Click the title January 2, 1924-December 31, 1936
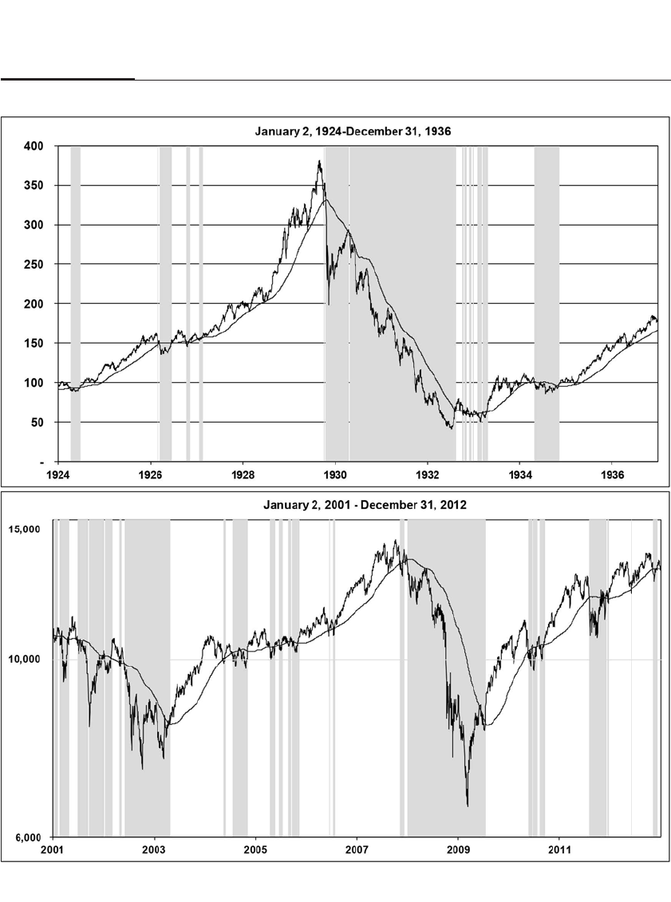click(x=353, y=132)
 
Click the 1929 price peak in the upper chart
click(x=319, y=162)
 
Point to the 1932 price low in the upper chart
click(x=451, y=428)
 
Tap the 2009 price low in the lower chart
click(x=468, y=805)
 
